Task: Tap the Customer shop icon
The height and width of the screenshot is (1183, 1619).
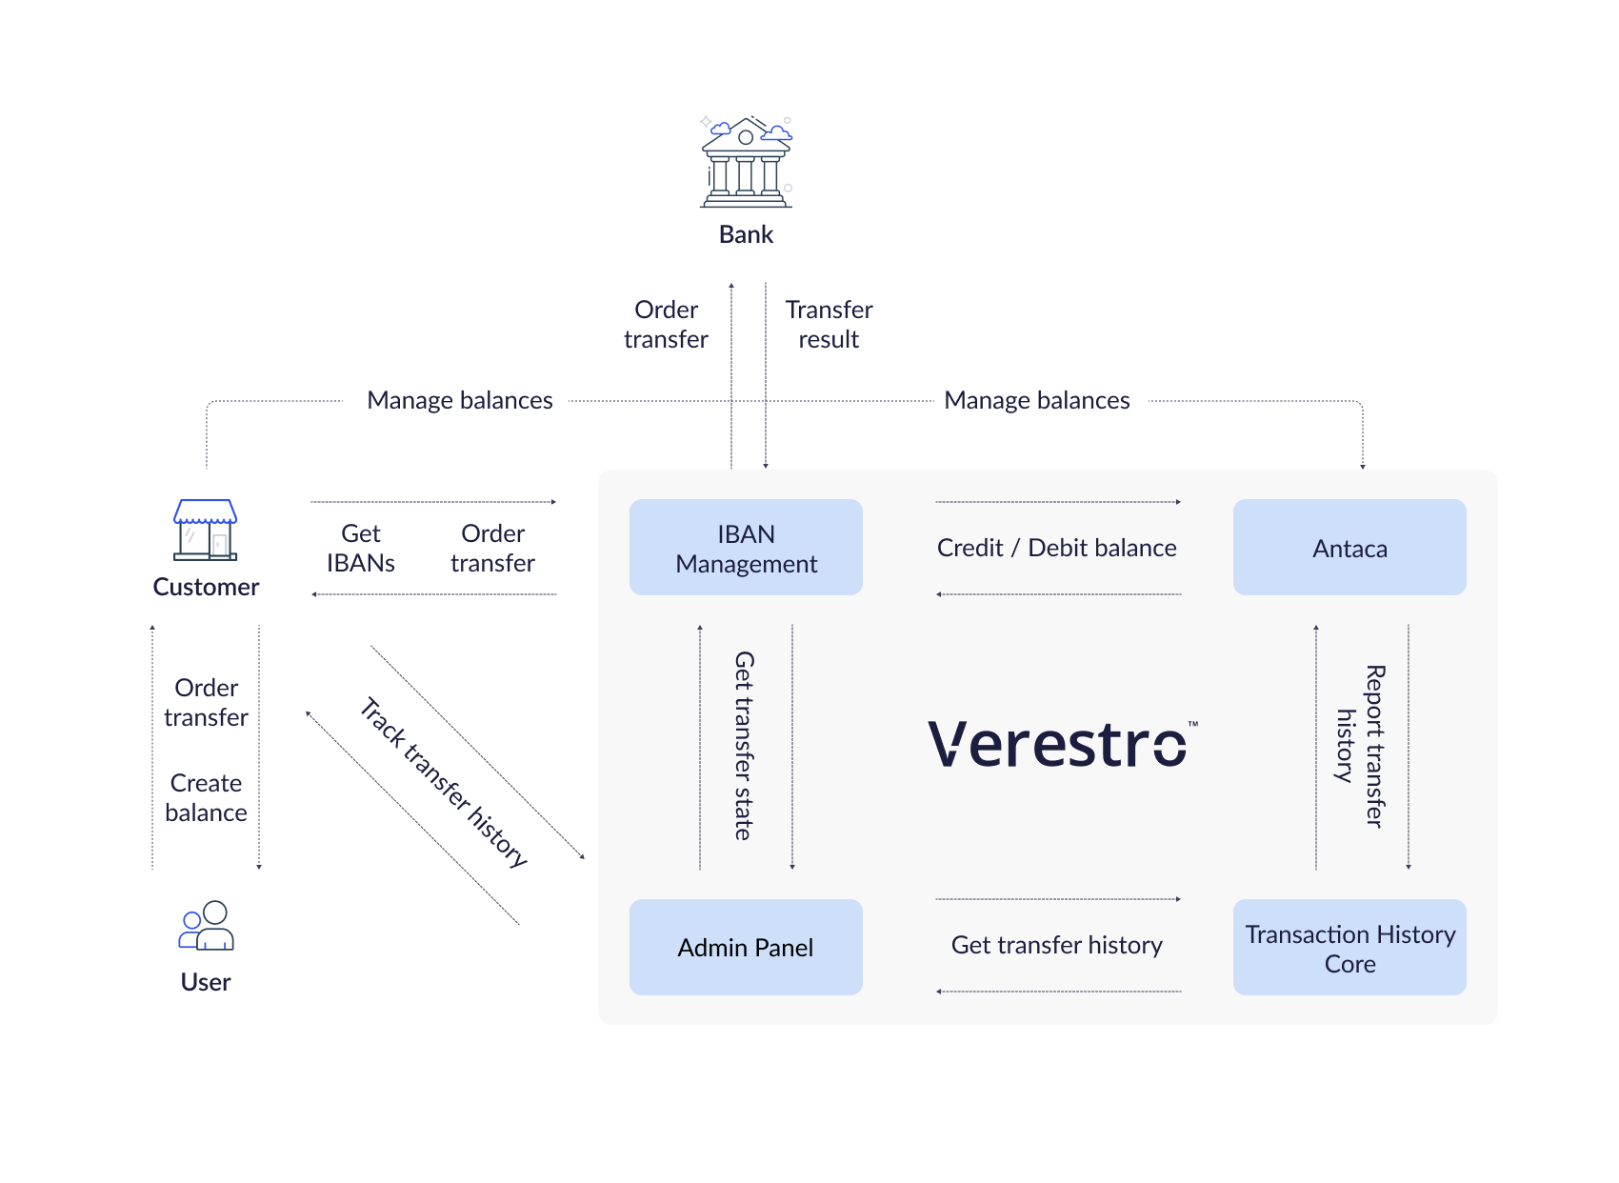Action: point(206,530)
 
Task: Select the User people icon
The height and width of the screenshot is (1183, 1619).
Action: point(207,926)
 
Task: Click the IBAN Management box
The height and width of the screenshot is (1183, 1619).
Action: point(746,548)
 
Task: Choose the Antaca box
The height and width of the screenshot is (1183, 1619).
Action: point(1349,548)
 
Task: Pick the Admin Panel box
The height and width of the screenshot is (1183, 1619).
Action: point(746,948)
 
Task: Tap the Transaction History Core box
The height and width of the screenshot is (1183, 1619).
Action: point(1349,948)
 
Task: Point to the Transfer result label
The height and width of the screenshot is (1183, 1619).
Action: point(829,325)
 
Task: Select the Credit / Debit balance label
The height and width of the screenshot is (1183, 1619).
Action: point(1057,548)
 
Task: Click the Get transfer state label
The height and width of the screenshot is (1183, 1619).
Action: point(745,746)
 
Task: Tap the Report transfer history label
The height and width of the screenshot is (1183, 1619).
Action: point(1361,747)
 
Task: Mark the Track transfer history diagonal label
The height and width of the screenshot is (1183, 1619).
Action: point(444,782)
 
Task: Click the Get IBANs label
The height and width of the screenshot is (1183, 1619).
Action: point(361,549)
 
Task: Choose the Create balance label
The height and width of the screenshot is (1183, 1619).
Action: point(206,798)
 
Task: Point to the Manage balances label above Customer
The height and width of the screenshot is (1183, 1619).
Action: point(460,400)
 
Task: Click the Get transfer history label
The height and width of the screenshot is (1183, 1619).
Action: point(1057,945)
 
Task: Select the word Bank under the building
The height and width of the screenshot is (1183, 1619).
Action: point(746,234)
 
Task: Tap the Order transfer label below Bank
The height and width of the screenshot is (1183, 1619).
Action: point(667,325)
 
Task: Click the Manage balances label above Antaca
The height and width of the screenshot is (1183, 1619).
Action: point(1037,400)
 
